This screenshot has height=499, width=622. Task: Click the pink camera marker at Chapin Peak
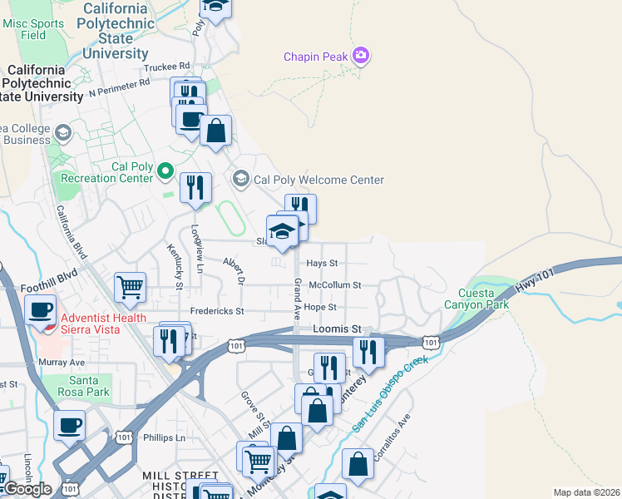361,57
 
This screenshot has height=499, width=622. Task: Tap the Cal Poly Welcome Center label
318,180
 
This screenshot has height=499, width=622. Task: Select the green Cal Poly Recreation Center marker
165,172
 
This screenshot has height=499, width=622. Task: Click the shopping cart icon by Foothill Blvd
130,288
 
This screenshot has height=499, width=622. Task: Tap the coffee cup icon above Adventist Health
40,309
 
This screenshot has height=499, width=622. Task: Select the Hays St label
322,263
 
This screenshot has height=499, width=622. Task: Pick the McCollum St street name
334,284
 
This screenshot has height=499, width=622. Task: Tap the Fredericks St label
216,311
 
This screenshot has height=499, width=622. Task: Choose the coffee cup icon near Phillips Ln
70,424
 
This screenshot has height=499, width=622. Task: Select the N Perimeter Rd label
119,85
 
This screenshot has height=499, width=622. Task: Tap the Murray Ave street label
62,363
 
